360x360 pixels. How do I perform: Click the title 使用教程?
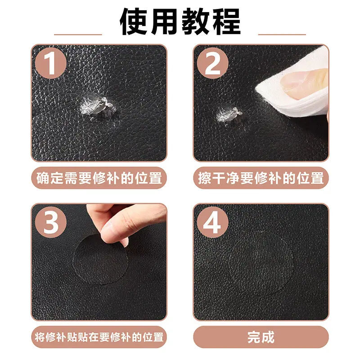(180, 21)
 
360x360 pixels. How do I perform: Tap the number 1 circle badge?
(51, 63)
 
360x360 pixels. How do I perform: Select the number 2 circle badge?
(212, 63)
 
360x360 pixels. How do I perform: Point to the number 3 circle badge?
(51, 222)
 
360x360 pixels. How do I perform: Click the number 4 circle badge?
(212, 222)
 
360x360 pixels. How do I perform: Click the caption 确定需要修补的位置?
(99, 178)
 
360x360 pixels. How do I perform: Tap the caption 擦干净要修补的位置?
(261, 178)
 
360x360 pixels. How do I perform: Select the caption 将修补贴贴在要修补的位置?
(99, 337)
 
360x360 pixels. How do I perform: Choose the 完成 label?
(261, 337)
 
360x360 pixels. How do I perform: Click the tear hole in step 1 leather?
(98, 106)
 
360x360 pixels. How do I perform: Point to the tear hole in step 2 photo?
(229, 114)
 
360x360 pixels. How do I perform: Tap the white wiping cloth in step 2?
(296, 85)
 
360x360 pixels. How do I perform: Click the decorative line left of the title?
(78, 35)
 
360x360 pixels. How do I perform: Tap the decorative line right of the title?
(282, 35)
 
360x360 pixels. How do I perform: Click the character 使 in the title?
(134, 21)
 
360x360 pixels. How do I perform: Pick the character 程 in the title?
(227, 21)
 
